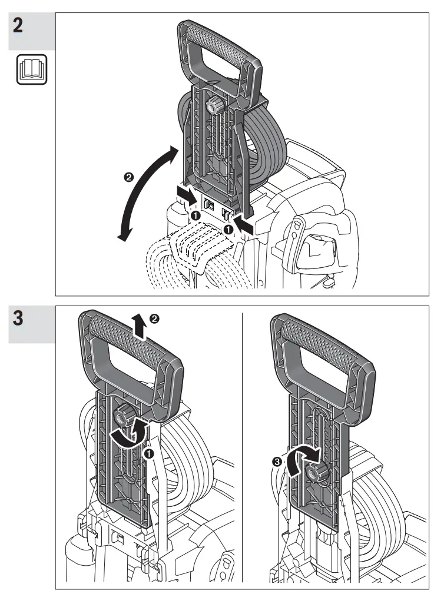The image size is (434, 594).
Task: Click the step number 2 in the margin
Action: pos(19,27)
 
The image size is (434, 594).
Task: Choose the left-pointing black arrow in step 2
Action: pos(246,223)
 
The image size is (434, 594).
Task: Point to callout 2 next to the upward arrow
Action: pos(154,318)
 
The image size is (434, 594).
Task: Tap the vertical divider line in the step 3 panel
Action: pos(243,447)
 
